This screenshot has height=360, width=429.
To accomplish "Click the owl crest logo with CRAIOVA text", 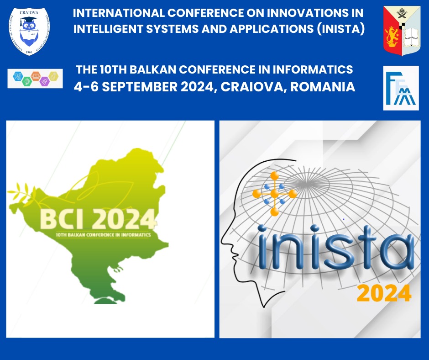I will (30, 30).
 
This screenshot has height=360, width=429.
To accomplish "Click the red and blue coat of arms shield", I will (401, 31).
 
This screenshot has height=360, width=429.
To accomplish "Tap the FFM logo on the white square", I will (400, 88).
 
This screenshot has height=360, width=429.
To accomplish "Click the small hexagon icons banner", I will (35, 78).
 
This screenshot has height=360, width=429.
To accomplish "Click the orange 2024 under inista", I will (383, 293).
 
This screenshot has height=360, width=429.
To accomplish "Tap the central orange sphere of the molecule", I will (274, 194).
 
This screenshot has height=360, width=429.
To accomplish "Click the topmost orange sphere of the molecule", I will (274, 176).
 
